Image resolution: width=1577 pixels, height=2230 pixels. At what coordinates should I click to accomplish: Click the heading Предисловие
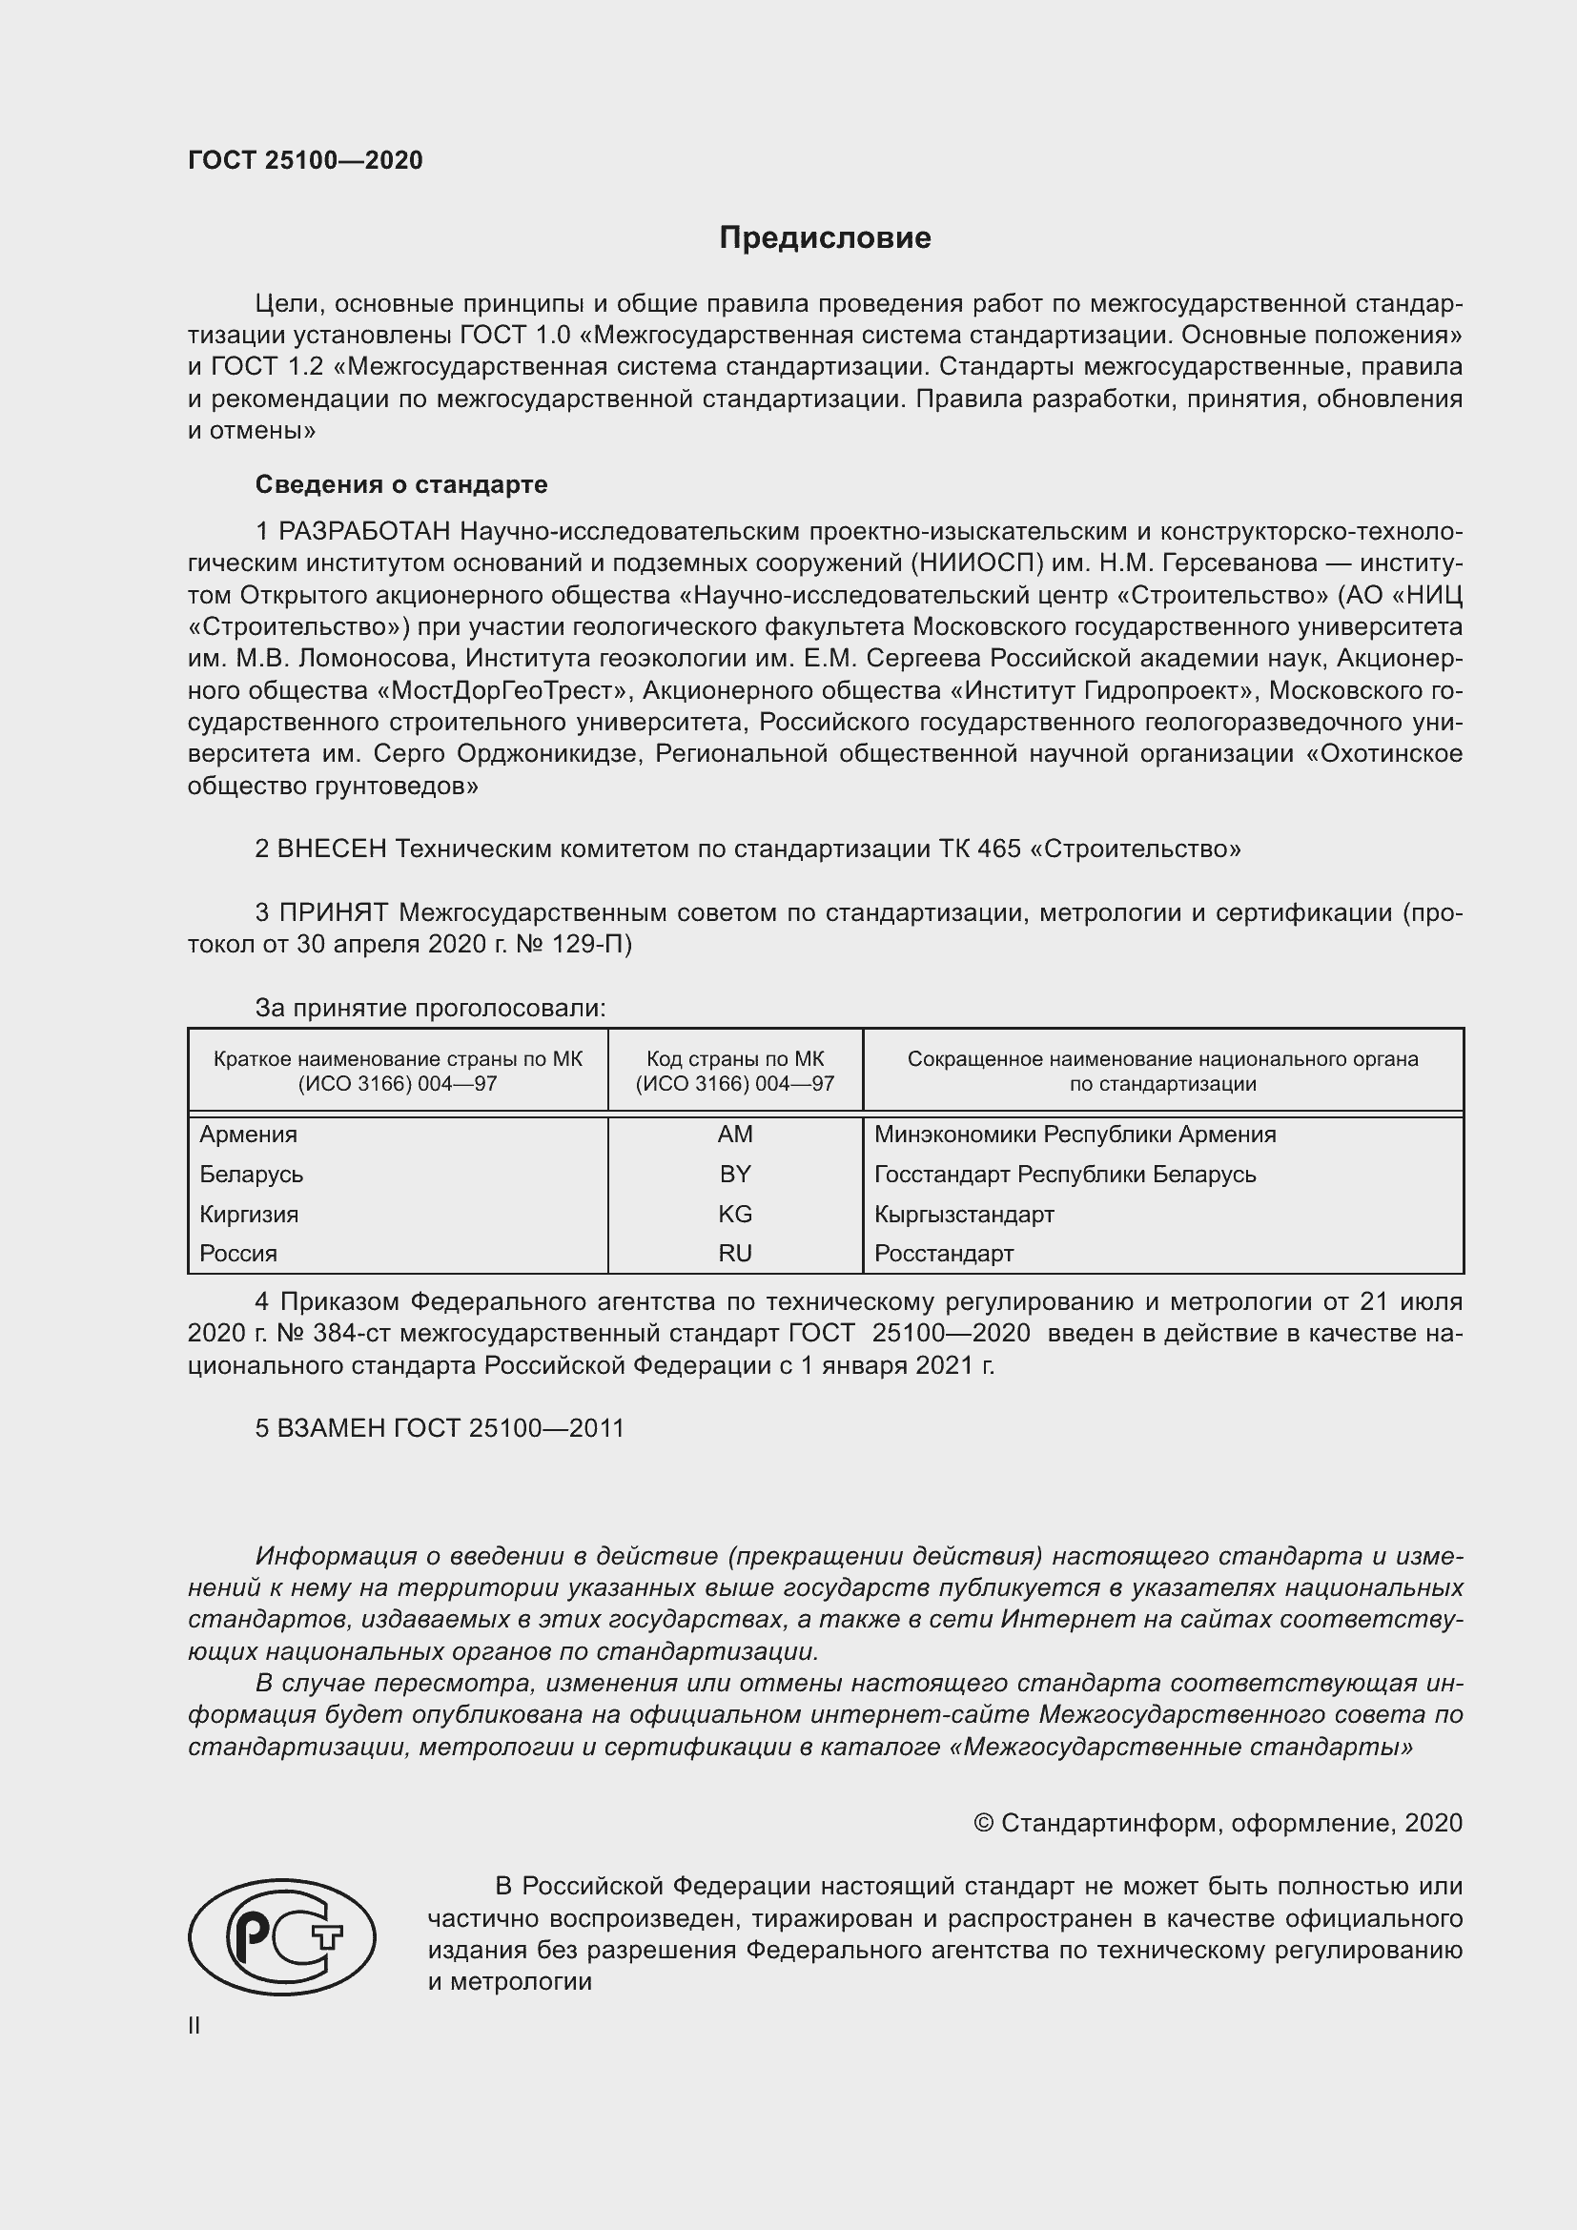click(x=825, y=238)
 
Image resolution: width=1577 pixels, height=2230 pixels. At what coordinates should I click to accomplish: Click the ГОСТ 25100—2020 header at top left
click(x=305, y=160)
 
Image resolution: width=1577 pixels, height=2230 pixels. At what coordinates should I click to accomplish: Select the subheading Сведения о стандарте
click(x=401, y=483)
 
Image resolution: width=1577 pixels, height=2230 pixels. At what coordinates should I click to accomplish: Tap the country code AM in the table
click(x=735, y=1134)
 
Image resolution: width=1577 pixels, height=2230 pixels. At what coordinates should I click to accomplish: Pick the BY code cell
click(x=735, y=1174)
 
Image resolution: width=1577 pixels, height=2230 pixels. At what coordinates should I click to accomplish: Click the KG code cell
click(x=735, y=1213)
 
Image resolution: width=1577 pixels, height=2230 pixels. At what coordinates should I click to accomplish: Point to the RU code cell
click(x=735, y=1253)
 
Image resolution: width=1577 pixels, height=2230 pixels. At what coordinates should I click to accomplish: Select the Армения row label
click(x=249, y=1134)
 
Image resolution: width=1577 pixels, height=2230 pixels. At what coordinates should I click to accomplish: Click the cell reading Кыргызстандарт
click(x=963, y=1213)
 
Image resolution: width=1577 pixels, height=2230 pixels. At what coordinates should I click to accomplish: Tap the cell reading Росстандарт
click(x=943, y=1253)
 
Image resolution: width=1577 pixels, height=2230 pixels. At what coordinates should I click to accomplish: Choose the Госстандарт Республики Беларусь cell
click(x=1064, y=1174)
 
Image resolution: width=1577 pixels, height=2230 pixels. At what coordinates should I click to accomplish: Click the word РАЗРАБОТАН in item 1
click(x=364, y=531)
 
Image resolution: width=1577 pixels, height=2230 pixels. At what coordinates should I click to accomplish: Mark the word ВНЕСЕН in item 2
click(x=332, y=848)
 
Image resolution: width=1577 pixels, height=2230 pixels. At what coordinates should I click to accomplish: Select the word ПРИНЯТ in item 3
click(x=333, y=912)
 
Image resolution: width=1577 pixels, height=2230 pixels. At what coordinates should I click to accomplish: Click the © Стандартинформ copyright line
click(x=1217, y=1822)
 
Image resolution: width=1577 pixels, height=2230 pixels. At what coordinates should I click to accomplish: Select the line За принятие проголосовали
click(x=430, y=1007)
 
